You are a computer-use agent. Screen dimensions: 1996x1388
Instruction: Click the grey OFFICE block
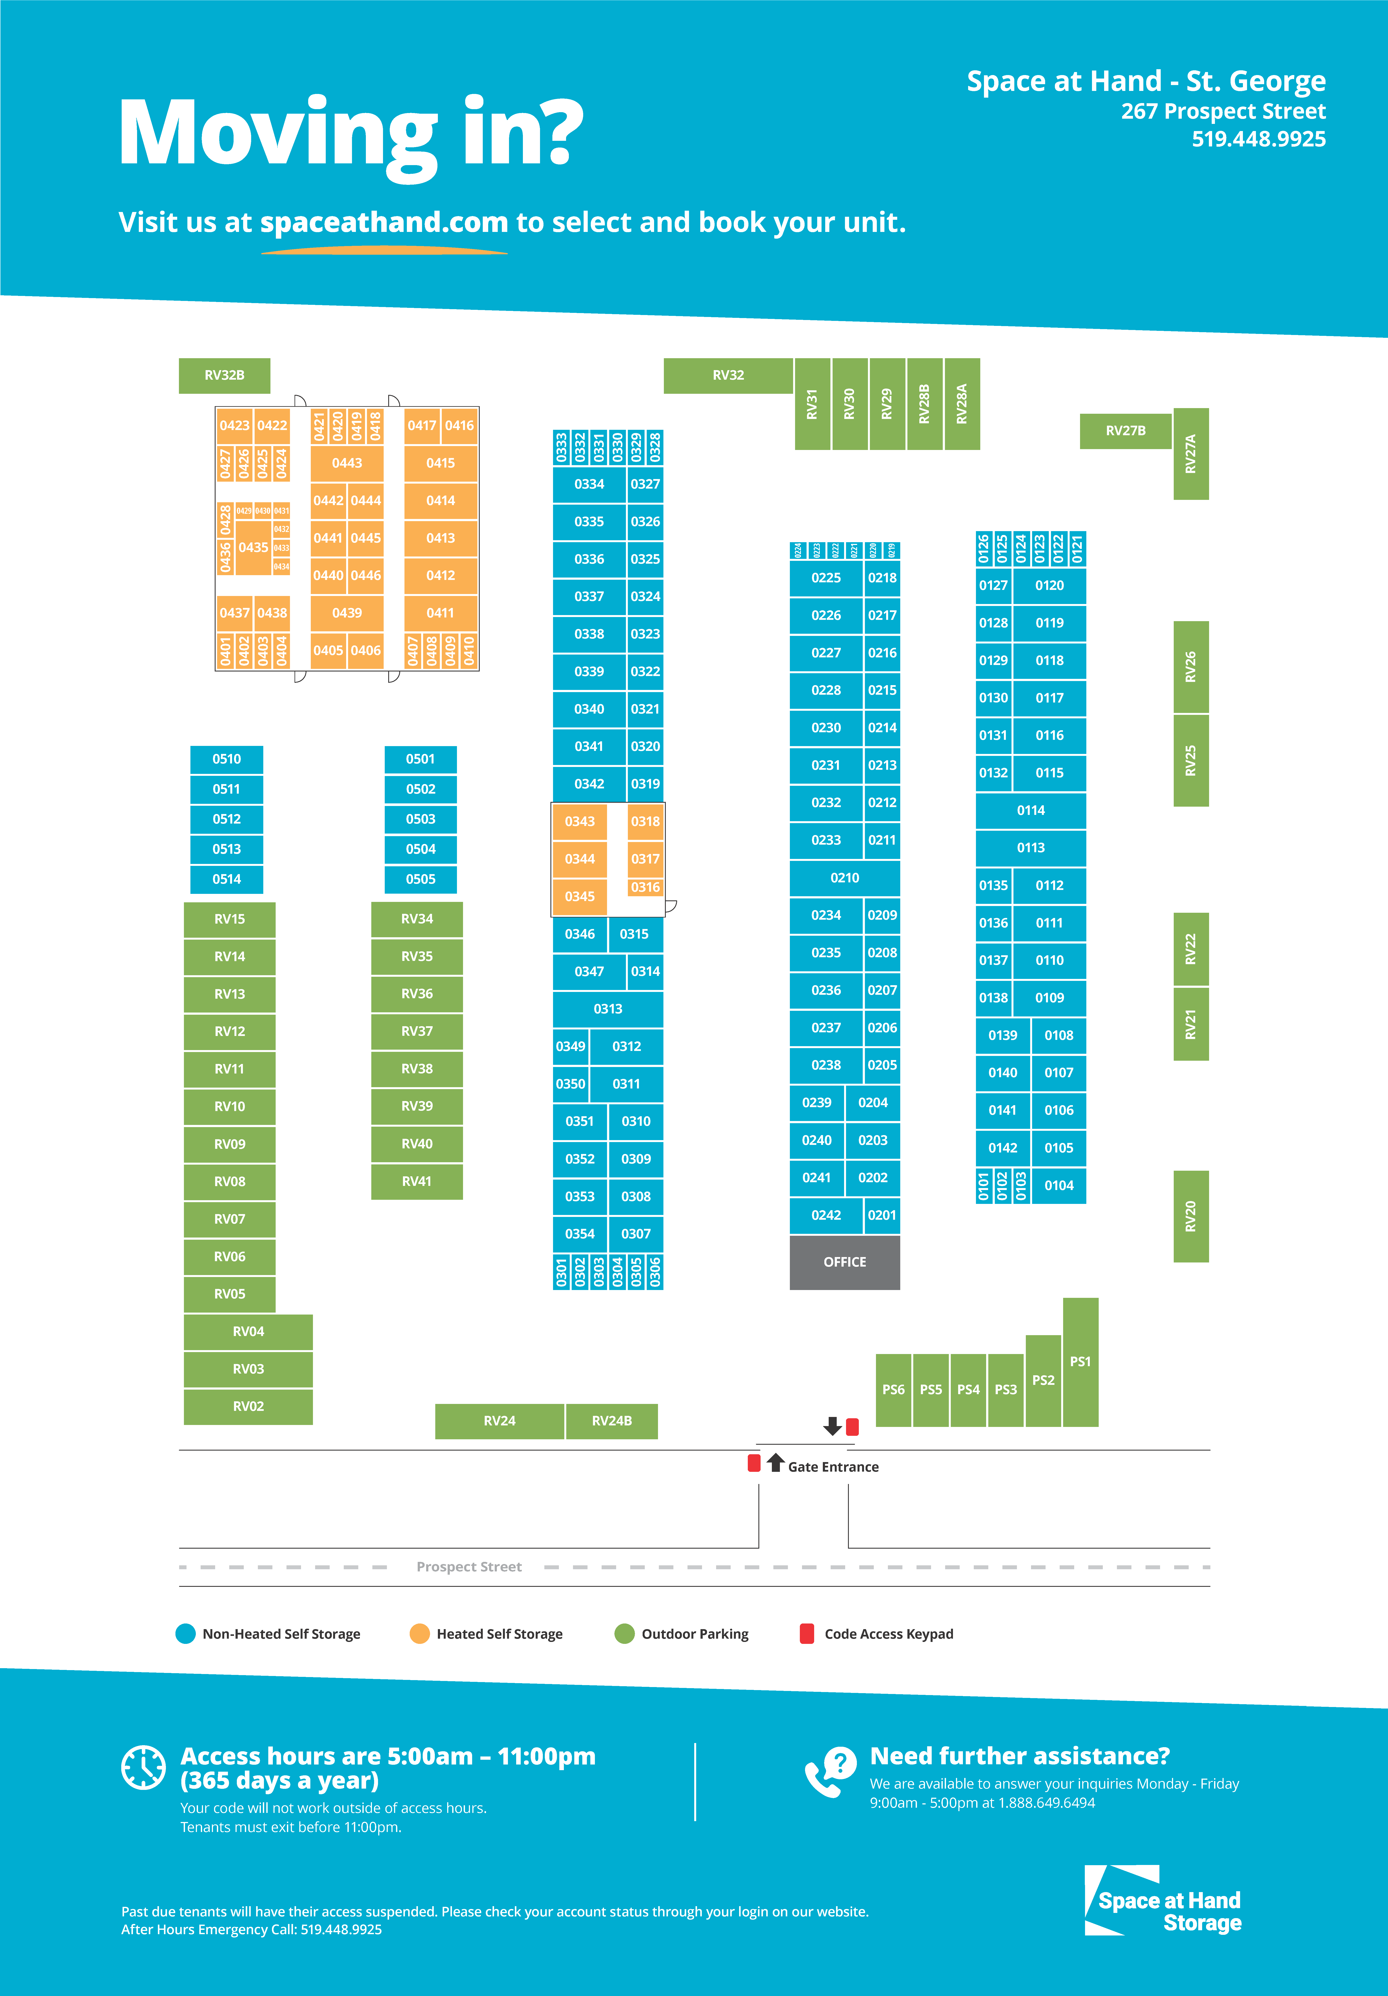tap(844, 1261)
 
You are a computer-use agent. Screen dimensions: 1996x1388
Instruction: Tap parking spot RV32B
tap(224, 376)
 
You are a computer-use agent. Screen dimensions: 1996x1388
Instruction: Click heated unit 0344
tap(580, 859)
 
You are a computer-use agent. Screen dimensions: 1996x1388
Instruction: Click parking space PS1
tap(1080, 1361)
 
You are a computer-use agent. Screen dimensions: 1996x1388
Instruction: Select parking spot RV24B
tap(612, 1420)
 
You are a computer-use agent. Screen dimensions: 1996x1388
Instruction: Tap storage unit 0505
tap(421, 879)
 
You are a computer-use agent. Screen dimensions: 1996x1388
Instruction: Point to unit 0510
tap(227, 759)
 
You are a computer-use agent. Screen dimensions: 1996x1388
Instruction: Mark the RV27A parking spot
tap(1191, 454)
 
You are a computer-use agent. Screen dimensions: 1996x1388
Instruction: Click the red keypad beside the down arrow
tap(853, 1426)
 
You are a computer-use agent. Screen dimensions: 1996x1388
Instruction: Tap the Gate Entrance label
tap(833, 1467)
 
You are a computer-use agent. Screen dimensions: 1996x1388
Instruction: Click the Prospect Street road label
tap(469, 1567)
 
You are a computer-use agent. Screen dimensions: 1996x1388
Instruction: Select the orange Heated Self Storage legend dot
tap(420, 1633)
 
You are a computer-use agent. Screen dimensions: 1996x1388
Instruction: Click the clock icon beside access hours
tap(143, 1767)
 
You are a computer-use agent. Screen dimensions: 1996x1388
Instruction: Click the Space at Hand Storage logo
tap(1165, 1901)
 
